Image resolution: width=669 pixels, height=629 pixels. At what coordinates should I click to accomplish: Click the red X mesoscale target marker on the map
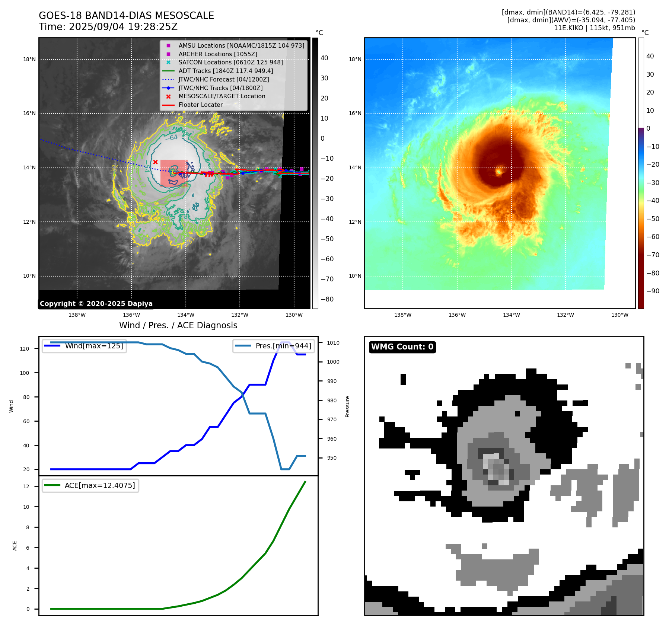tap(155, 162)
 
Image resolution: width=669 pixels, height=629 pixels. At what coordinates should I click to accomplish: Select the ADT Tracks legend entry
tap(226, 71)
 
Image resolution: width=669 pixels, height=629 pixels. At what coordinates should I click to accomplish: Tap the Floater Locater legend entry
tap(200, 105)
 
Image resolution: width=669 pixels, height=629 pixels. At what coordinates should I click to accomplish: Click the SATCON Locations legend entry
tap(230, 62)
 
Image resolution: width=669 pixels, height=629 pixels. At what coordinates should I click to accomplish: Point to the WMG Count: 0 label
tap(402, 347)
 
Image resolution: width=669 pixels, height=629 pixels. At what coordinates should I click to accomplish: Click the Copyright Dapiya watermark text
tap(96, 304)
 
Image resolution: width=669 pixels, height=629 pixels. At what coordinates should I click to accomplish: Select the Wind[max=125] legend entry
tap(94, 346)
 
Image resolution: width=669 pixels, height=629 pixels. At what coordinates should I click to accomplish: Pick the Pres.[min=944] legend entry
tap(283, 346)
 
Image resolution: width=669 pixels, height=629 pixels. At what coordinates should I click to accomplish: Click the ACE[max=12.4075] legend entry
tap(100, 485)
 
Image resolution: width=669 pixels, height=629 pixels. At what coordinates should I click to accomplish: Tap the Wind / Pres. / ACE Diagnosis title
tap(178, 325)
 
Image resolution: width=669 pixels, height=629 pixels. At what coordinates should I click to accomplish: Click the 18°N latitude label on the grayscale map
tap(29, 60)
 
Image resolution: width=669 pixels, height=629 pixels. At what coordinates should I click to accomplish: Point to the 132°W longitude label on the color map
tap(565, 315)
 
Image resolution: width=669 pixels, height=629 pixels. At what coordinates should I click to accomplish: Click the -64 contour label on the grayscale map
tap(173, 138)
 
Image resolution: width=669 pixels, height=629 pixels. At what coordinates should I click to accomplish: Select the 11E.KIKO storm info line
tap(594, 28)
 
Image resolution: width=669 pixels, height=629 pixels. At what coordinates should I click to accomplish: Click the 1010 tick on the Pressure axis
tap(333, 343)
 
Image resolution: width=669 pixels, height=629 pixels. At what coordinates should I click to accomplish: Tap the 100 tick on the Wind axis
tap(25, 373)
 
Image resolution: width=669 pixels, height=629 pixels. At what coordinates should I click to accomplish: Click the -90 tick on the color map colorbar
tap(653, 291)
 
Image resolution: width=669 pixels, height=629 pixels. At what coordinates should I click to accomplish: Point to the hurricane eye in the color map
tap(499, 172)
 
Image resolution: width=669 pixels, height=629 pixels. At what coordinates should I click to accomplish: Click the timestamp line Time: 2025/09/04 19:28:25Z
tap(108, 27)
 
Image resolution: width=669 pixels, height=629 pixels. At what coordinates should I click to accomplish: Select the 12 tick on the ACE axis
tap(26, 486)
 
